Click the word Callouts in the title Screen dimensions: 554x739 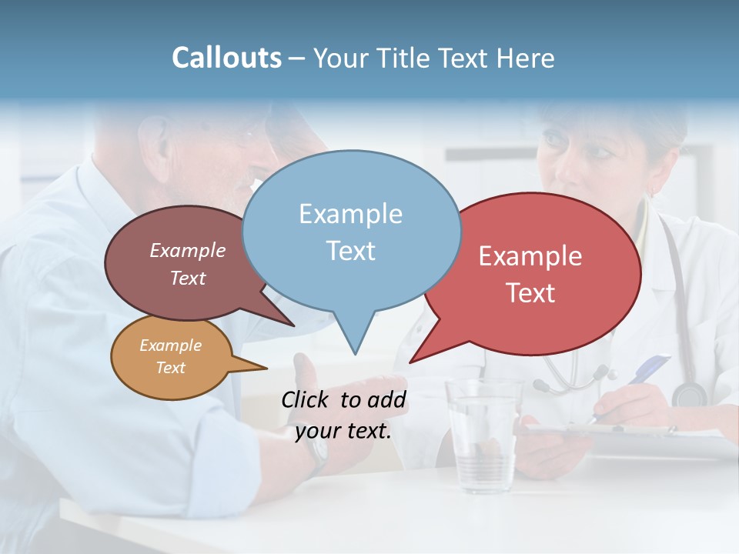coord(226,58)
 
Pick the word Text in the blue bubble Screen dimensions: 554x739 coord(350,250)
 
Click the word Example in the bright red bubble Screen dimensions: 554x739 coord(530,255)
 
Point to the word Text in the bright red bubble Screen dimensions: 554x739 coord(530,292)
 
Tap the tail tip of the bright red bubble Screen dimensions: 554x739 coord(410,362)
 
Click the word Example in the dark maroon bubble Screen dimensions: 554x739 coord(187,250)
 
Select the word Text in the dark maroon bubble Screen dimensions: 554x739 coord(187,278)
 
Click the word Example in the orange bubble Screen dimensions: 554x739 coord(170,345)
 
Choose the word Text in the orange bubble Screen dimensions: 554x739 coord(170,368)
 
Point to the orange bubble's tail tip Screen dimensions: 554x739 coord(266,369)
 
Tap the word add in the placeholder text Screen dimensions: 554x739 coord(386,399)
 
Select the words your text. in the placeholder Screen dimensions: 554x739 coord(343,431)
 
